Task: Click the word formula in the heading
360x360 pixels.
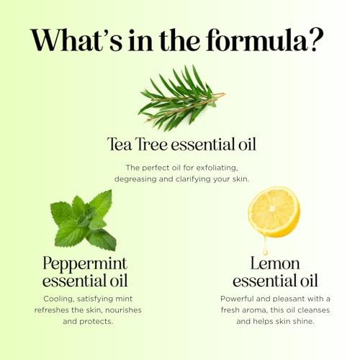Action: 256,40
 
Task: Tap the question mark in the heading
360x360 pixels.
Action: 317,40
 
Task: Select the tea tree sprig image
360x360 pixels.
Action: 182,99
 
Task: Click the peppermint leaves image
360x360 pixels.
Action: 84,221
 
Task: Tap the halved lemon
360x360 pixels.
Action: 274,212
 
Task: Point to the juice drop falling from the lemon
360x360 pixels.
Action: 265,246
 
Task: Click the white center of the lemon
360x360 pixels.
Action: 272,209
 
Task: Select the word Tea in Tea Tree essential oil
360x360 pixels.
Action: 120,144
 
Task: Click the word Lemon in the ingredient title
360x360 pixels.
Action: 275,264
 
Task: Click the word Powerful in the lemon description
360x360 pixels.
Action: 237,299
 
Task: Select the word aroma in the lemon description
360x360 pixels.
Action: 254,310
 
